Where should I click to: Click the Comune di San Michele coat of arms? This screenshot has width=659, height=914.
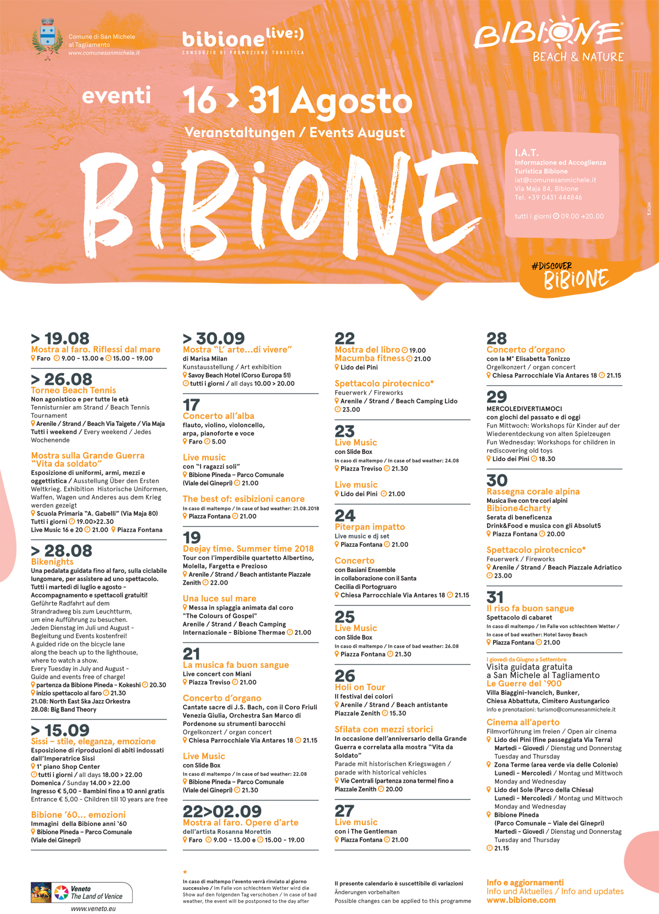(47, 38)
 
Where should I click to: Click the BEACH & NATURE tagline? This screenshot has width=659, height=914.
(578, 57)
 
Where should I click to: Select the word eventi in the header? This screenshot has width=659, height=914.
(116, 96)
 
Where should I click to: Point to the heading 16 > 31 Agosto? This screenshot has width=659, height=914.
(297, 101)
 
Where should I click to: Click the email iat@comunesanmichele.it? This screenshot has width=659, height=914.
(555, 180)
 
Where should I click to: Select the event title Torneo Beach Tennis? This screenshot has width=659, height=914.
(74, 390)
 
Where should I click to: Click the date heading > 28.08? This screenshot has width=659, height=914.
(62, 551)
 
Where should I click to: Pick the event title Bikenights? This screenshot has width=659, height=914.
(52, 562)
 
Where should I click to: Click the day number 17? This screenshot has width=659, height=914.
(191, 405)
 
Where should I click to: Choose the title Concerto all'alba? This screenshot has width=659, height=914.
(219, 416)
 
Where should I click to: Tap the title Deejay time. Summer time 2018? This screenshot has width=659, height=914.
(248, 549)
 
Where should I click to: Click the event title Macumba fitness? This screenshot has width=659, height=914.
(370, 358)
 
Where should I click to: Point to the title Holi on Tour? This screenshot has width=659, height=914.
(360, 687)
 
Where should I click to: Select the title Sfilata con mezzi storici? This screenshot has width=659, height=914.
(384, 729)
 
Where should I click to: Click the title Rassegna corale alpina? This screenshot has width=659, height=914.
(533, 491)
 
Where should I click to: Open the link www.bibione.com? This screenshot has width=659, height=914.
(521, 900)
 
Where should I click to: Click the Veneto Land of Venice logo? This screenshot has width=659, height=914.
(81, 893)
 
